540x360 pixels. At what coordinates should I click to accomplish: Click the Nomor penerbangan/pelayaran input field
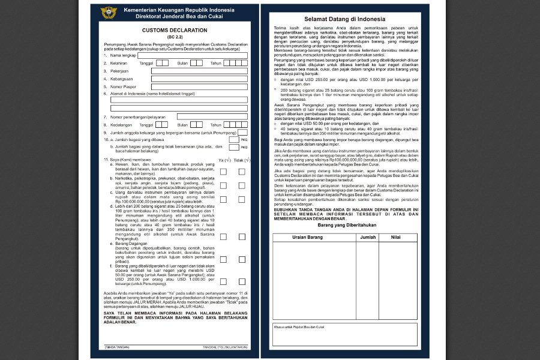(x=212, y=116)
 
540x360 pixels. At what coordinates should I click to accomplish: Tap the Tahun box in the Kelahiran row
(x=236, y=62)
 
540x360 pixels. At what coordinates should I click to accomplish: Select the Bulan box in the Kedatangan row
(x=199, y=125)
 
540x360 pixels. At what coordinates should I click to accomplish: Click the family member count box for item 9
(x=243, y=133)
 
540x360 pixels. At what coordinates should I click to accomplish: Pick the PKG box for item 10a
(x=234, y=140)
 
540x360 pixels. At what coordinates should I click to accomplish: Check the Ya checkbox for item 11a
(x=223, y=172)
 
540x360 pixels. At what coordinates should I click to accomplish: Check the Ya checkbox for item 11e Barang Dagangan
(x=223, y=260)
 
